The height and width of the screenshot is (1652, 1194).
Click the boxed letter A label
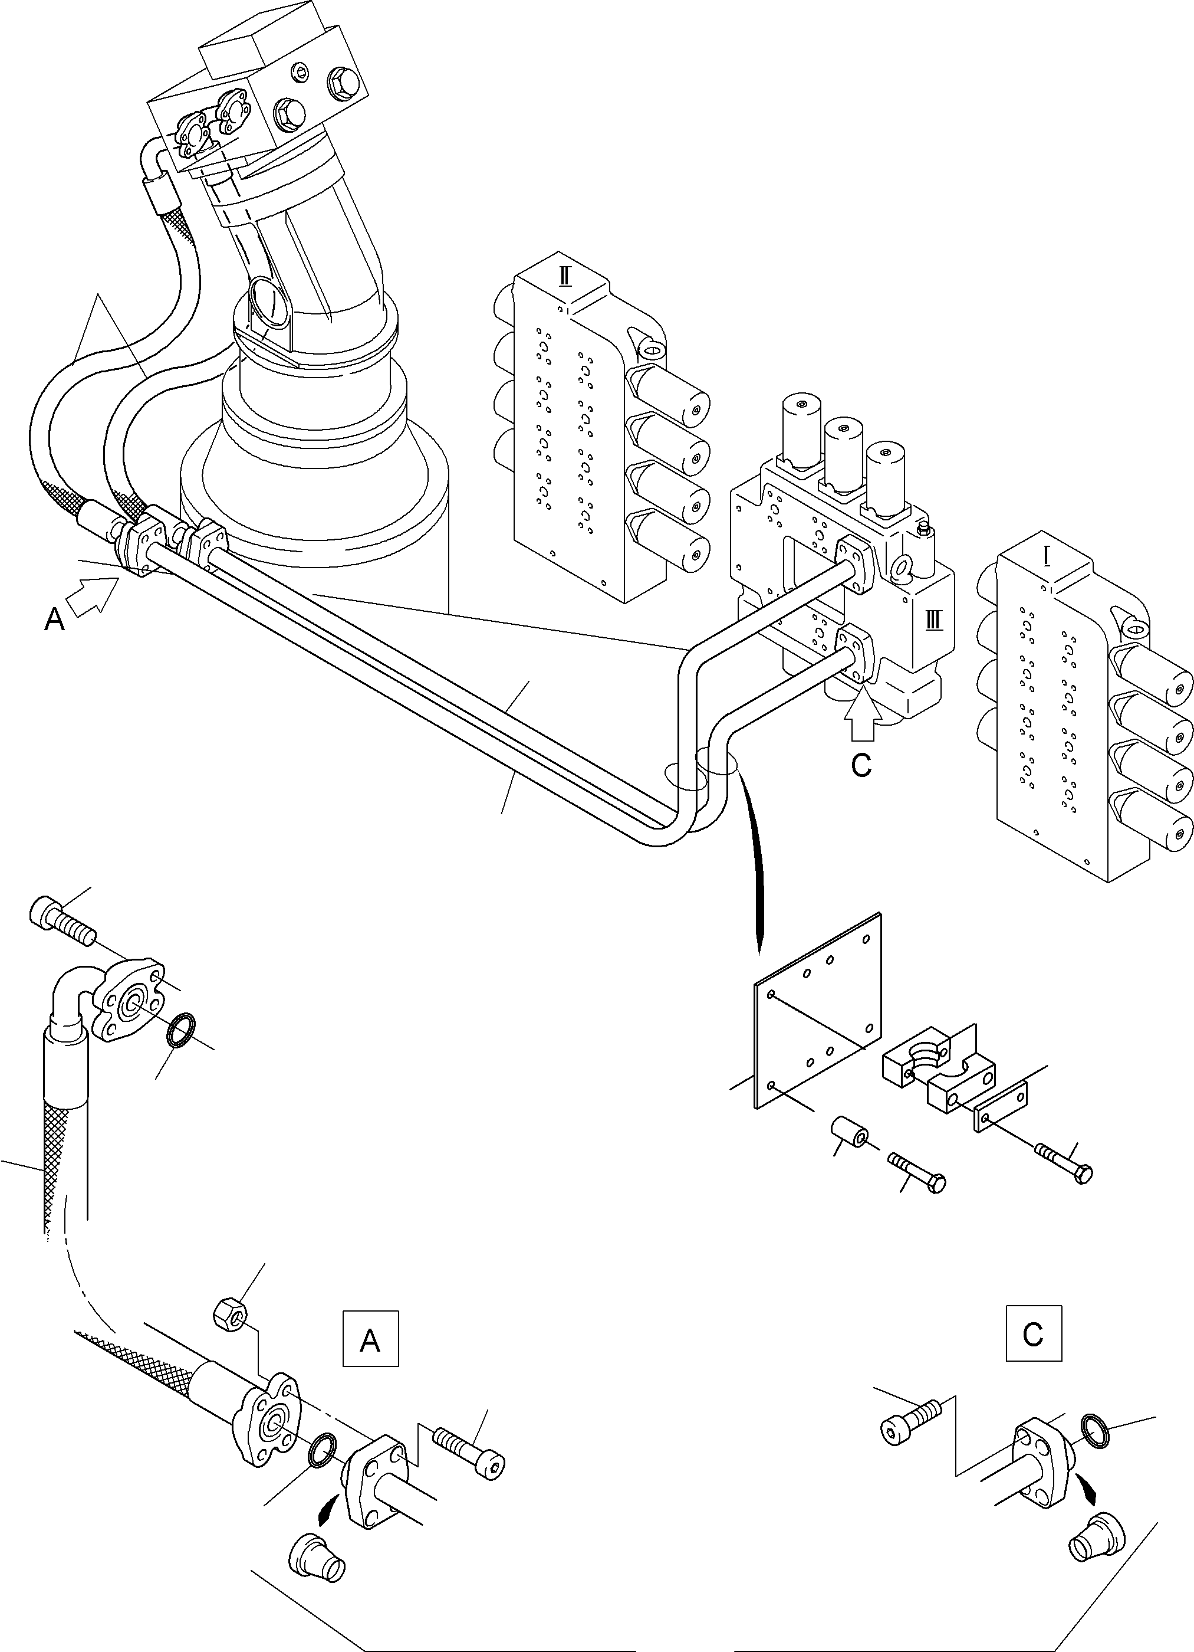coord(370,1338)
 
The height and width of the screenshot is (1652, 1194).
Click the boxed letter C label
coord(1033,1333)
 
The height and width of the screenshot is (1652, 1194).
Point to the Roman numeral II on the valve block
coord(564,277)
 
